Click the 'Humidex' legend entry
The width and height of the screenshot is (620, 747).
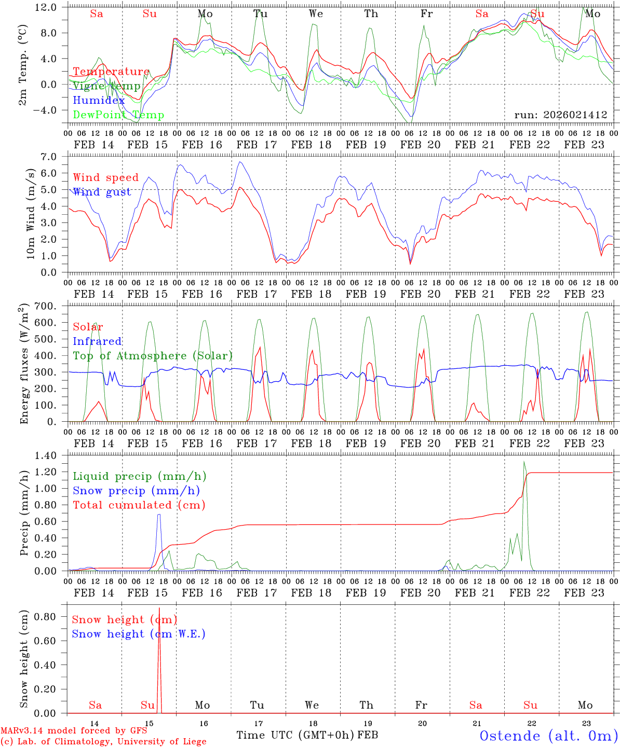[99, 101]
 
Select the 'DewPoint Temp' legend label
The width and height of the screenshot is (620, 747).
[118, 115]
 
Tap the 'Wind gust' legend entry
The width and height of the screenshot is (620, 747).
[102, 192]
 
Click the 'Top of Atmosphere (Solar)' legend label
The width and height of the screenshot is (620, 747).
[152, 356]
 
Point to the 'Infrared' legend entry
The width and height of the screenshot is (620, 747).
[97, 341]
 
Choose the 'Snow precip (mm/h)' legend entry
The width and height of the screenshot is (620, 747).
[136, 491]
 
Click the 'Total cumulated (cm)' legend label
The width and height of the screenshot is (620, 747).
[139, 505]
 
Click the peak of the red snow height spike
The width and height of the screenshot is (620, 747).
[159, 608]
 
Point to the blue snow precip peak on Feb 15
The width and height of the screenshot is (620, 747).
[159, 514]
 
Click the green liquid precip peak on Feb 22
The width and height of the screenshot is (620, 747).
[524, 462]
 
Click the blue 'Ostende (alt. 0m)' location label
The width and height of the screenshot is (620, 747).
[548, 736]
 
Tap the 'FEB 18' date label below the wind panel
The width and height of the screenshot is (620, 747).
[311, 294]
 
